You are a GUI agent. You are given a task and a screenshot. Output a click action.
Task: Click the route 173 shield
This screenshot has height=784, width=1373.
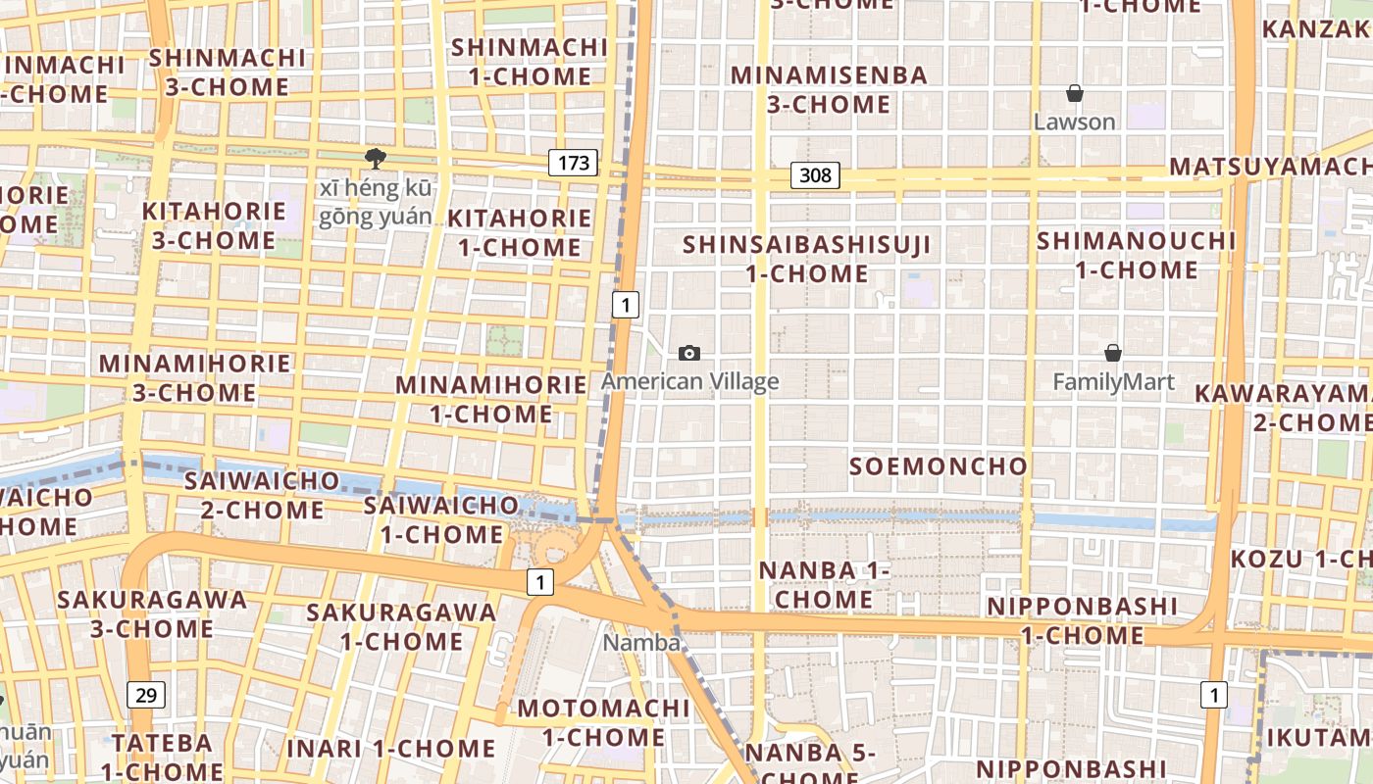[573, 162]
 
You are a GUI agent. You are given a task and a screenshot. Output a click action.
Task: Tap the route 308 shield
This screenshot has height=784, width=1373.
[814, 175]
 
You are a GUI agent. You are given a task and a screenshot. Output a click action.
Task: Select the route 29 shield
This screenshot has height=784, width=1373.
[146, 695]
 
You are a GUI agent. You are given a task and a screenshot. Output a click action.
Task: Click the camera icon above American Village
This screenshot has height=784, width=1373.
[689, 353]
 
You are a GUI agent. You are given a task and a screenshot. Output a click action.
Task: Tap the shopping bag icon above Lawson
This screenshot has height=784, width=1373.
[1075, 93]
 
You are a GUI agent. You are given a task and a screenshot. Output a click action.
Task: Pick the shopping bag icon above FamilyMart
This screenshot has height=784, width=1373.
[1113, 353]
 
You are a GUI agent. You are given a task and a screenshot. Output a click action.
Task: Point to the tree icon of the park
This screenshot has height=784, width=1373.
[374, 159]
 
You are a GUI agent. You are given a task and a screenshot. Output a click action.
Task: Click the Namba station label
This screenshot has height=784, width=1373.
[641, 643]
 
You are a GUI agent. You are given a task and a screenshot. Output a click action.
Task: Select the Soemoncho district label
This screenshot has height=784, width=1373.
[938, 466]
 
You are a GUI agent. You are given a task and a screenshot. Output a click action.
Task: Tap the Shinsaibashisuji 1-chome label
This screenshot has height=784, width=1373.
[806, 259]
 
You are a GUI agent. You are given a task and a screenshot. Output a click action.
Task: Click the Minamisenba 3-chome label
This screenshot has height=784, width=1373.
[829, 89]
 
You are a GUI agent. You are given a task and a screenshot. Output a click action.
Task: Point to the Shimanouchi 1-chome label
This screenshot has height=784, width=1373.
[1137, 255]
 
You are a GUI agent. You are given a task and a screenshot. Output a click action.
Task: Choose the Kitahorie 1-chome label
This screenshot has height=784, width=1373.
[520, 232]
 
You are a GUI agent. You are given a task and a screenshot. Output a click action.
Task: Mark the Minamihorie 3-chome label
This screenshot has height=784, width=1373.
[195, 378]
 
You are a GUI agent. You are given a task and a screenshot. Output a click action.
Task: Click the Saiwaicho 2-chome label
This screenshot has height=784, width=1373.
[262, 495]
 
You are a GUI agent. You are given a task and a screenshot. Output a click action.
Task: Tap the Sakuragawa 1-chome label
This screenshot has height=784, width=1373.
[401, 626]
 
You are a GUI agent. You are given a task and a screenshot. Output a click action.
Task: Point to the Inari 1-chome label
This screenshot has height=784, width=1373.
[390, 749]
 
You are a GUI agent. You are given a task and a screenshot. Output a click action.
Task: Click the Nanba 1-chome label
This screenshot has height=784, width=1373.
[824, 584]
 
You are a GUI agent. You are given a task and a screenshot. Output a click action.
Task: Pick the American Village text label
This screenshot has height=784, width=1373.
[690, 381]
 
